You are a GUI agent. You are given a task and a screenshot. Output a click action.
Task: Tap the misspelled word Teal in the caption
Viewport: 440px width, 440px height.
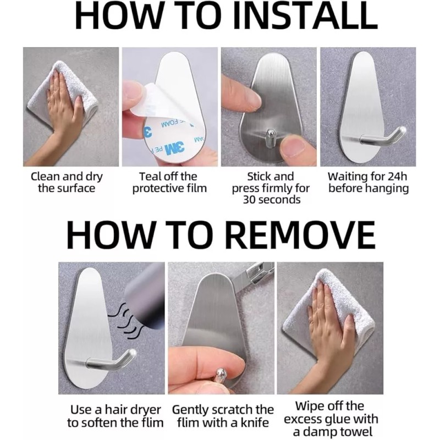tap(150, 177)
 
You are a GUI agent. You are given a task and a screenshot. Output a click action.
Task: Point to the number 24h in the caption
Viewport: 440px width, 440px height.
tap(397, 177)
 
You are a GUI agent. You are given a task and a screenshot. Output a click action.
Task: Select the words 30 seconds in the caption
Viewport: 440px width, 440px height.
tap(271, 200)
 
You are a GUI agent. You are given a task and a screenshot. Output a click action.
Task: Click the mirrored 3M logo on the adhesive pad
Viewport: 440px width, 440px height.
tap(174, 147)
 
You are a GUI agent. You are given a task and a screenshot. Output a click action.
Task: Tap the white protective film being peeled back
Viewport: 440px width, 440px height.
tap(148, 101)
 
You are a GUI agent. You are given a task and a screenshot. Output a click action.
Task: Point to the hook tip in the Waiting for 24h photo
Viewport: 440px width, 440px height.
tap(402, 130)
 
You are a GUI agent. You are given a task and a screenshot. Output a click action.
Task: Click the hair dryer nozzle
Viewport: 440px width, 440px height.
tap(144, 298)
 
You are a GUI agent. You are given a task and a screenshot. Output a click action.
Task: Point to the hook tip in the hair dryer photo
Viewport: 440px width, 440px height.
tap(133, 353)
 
